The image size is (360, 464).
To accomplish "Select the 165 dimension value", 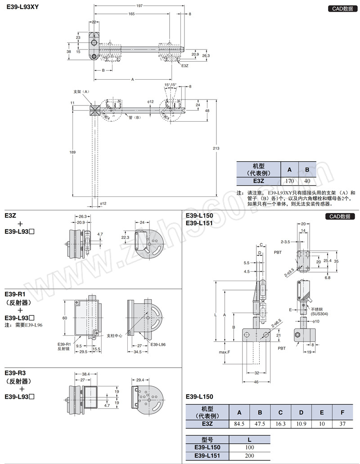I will pyautogui.click(x=131, y=14).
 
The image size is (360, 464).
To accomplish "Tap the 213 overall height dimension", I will pyautogui.click(x=216, y=148).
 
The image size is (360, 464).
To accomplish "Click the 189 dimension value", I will pyautogui.click(x=73, y=152).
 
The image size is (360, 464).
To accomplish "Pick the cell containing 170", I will pyautogui.click(x=289, y=181).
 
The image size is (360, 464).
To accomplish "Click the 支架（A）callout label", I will pyautogui.click(x=81, y=91).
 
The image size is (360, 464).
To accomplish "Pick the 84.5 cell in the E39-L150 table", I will pyautogui.click(x=239, y=423).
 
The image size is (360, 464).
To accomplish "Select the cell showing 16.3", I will pyautogui.click(x=280, y=423).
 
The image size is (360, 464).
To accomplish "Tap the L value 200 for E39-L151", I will pyautogui.click(x=250, y=456).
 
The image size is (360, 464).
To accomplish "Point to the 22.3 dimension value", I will pyautogui.click(x=125, y=237).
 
